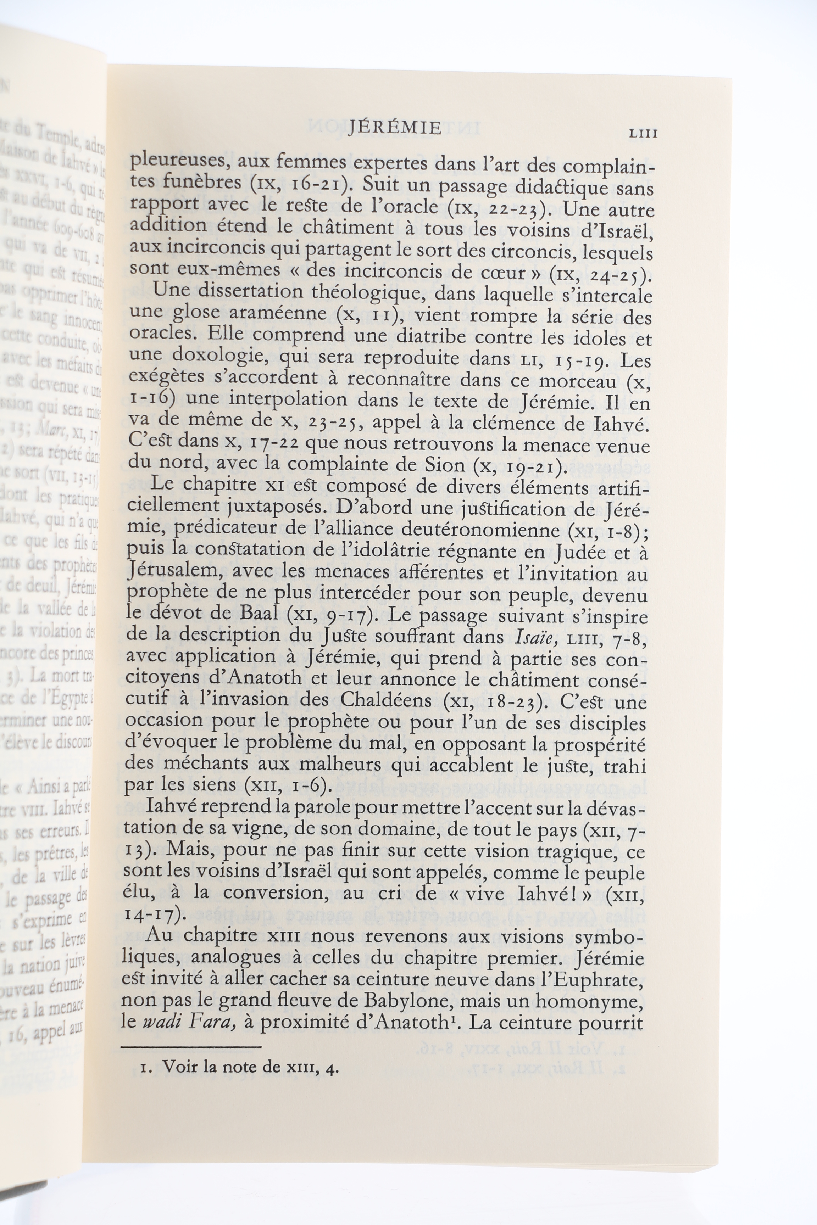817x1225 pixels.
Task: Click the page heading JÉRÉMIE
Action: pyautogui.click(x=394, y=128)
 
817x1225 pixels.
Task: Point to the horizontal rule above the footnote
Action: pyautogui.click(x=191, y=1046)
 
